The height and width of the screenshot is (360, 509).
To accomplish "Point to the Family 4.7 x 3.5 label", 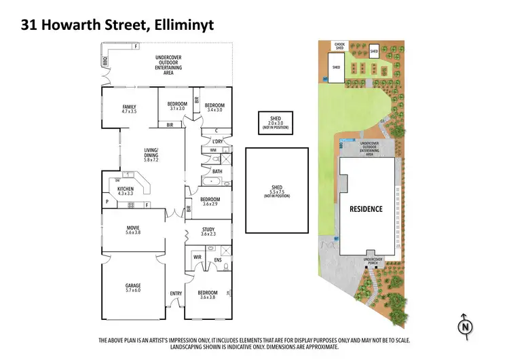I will point(129,109).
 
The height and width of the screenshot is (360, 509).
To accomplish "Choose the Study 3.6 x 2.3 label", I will point(208,232).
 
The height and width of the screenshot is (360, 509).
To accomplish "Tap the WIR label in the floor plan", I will point(197,257).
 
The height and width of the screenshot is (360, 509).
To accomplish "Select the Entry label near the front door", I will point(176,293).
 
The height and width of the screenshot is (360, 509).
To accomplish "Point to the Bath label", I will point(217,171).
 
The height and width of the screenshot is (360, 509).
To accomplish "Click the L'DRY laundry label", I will point(218,141).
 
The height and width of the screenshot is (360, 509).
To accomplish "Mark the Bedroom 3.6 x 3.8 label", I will point(207,295).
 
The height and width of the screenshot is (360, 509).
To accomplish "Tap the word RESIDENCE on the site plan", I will point(366,209).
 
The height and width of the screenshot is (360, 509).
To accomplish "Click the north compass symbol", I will point(464,326).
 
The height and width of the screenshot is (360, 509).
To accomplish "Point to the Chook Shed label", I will point(340,46).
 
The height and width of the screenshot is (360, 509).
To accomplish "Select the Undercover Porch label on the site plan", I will point(373,260).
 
